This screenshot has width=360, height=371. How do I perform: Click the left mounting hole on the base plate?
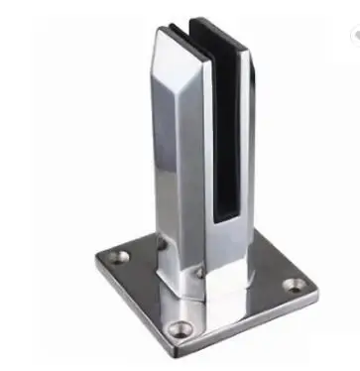point(116,258)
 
